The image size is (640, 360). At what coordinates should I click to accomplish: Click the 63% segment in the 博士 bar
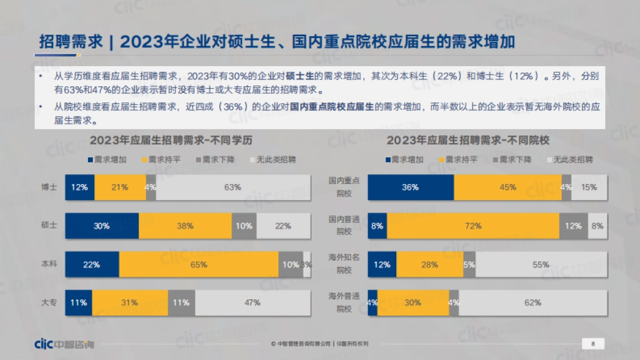(233, 187)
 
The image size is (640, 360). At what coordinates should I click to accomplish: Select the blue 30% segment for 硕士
(102, 226)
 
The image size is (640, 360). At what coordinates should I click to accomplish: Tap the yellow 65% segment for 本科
(198, 264)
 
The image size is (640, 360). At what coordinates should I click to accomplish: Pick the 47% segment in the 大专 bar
(252, 302)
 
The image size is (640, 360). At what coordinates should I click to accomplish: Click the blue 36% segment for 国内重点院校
(411, 187)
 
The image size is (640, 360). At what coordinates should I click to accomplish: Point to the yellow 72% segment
(473, 226)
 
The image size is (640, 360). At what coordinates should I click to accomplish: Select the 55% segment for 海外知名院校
(541, 264)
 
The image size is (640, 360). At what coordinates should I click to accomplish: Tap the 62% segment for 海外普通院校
(532, 302)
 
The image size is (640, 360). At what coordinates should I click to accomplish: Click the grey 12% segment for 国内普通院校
(573, 226)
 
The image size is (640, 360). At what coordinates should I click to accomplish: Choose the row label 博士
(50, 187)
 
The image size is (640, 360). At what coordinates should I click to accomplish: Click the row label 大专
(50, 302)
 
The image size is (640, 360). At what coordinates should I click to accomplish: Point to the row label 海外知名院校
(344, 264)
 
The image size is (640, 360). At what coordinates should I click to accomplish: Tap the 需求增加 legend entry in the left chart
(107, 159)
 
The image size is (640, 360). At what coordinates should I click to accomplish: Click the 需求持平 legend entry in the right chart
(457, 159)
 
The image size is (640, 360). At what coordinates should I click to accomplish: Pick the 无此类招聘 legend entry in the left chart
(272, 159)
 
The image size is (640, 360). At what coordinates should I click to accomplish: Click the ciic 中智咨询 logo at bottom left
(63, 344)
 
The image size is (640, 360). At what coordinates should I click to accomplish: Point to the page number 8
(593, 344)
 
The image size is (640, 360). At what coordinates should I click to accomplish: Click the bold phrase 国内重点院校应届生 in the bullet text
(333, 107)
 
